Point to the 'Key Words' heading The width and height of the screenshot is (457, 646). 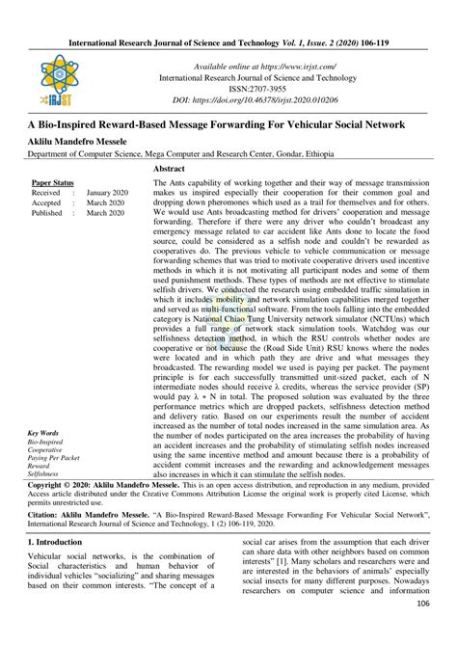[x=43, y=435]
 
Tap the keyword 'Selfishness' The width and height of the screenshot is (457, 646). [x=44, y=474]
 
